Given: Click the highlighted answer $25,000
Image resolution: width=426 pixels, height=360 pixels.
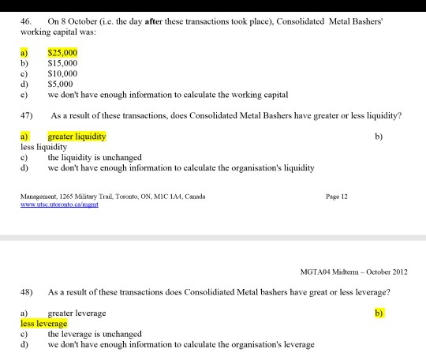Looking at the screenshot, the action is coord(62,53).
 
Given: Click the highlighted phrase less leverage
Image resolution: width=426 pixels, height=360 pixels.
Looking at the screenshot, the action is coord(44,324).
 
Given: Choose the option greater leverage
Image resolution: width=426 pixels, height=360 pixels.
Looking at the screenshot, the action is coord(77,313).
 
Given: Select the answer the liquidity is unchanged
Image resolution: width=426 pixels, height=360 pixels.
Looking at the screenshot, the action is coord(93,157).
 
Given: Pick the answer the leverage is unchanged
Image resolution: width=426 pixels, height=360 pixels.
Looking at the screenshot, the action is coord(93,334).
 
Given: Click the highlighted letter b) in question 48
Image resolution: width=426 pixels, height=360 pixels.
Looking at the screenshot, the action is coord(378,313).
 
